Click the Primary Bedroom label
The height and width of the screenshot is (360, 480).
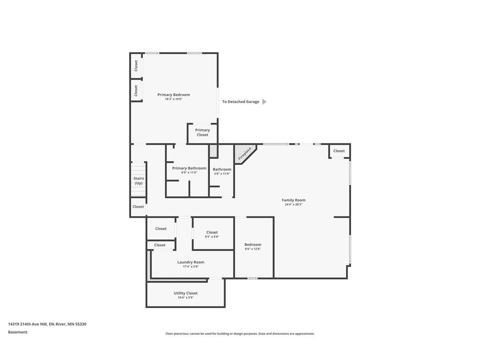point(173,95)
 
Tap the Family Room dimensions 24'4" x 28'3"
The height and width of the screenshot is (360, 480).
point(293,204)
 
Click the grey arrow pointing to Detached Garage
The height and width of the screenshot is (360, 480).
point(264,102)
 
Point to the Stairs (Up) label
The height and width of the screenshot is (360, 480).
point(139,181)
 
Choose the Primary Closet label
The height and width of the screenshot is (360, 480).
point(202,133)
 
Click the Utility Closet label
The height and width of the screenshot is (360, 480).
point(186,293)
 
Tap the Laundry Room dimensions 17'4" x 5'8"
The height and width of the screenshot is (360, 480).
point(191,267)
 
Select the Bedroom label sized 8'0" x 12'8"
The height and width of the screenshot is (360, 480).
point(253,245)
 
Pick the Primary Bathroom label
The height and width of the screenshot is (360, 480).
point(189,168)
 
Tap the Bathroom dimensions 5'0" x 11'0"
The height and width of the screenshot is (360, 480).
point(222,174)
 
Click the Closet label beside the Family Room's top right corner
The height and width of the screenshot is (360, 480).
point(339,151)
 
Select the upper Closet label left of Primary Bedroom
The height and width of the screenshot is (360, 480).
point(136,66)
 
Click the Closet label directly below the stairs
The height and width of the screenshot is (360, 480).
point(138,207)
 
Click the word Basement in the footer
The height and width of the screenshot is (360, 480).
point(18,332)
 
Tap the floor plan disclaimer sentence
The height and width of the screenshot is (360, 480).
point(240,334)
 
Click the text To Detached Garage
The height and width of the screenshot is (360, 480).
point(240,102)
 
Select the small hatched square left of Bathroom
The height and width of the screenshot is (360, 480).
point(213,151)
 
